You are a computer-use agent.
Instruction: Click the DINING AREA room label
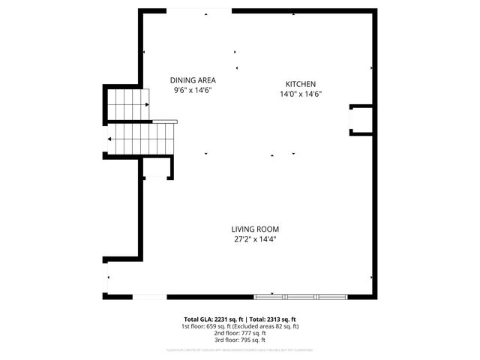(193, 80)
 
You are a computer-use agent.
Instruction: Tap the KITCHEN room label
(300, 84)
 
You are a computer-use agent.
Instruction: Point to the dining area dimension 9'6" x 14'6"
(193, 90)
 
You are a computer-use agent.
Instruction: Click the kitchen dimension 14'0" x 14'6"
(300, 94)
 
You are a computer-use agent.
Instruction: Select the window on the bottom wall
(301, 296)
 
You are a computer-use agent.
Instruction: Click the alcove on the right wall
(360, 120)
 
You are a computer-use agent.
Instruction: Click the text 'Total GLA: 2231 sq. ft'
(211, 319)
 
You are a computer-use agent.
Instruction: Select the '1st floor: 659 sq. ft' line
(203, 327)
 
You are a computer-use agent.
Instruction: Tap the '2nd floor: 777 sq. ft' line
(239, 334)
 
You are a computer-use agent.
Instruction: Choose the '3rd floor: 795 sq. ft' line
(239, 340)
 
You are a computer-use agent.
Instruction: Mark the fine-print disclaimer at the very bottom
(239, 349)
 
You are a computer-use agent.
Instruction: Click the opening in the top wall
(198, 10)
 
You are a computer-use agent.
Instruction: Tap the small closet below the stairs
(157, 169)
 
